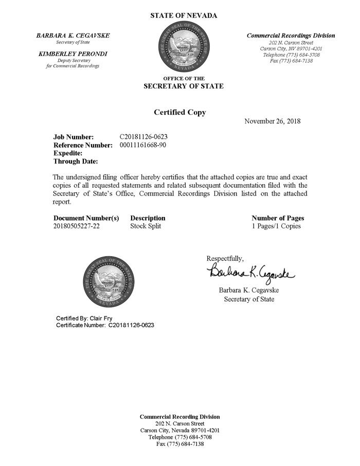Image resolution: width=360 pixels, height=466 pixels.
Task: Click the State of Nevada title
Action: point(184,15)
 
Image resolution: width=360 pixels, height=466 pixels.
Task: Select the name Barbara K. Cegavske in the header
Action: point(73,35)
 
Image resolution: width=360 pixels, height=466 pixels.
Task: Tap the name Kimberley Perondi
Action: point(73,53)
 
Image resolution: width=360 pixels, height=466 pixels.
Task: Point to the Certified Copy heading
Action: point(180,112)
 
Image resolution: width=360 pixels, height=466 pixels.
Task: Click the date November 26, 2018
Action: point(273,121)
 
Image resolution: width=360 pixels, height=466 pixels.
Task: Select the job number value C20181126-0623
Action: point(143,137)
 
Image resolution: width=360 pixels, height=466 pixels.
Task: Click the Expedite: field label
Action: point(68,153)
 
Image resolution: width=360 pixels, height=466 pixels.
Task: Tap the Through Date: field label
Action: point(76,162)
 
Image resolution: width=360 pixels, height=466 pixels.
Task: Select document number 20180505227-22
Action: point(77,226)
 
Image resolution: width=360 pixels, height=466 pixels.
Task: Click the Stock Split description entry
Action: point(146,226)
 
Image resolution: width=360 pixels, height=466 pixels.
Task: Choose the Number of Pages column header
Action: point(278,218)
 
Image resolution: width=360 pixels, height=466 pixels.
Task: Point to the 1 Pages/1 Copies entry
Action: point(276,226)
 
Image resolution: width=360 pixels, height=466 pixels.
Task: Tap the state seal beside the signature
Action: point(109,282)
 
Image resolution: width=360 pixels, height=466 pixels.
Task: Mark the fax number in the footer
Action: point(180,444)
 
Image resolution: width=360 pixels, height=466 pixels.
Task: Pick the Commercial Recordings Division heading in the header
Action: point(291,35)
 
